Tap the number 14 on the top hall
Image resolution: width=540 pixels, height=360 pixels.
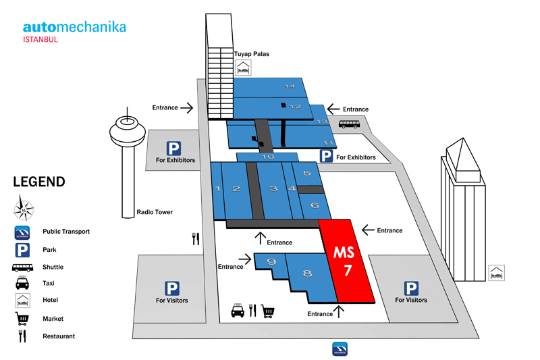coord(290,86)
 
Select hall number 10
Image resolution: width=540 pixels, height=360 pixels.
coord(268,157)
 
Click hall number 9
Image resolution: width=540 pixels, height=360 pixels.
coord(271,261)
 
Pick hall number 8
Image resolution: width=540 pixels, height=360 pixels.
coord(307,274)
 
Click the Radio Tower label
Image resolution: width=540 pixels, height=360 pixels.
coord(155,212)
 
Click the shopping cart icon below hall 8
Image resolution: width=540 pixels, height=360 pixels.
coord(268,311)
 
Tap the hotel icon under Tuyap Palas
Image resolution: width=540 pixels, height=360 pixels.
coord(243,68)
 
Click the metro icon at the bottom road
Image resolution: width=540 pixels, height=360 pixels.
coord(340,349)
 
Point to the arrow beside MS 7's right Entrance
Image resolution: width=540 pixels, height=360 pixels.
coord(368,230)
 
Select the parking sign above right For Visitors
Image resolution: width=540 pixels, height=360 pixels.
coord(410,288)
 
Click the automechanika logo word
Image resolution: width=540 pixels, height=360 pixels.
coord(74,27)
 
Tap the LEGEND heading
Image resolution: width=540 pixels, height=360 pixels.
coord(39,182)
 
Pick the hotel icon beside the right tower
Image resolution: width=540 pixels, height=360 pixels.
coord(497,274)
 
